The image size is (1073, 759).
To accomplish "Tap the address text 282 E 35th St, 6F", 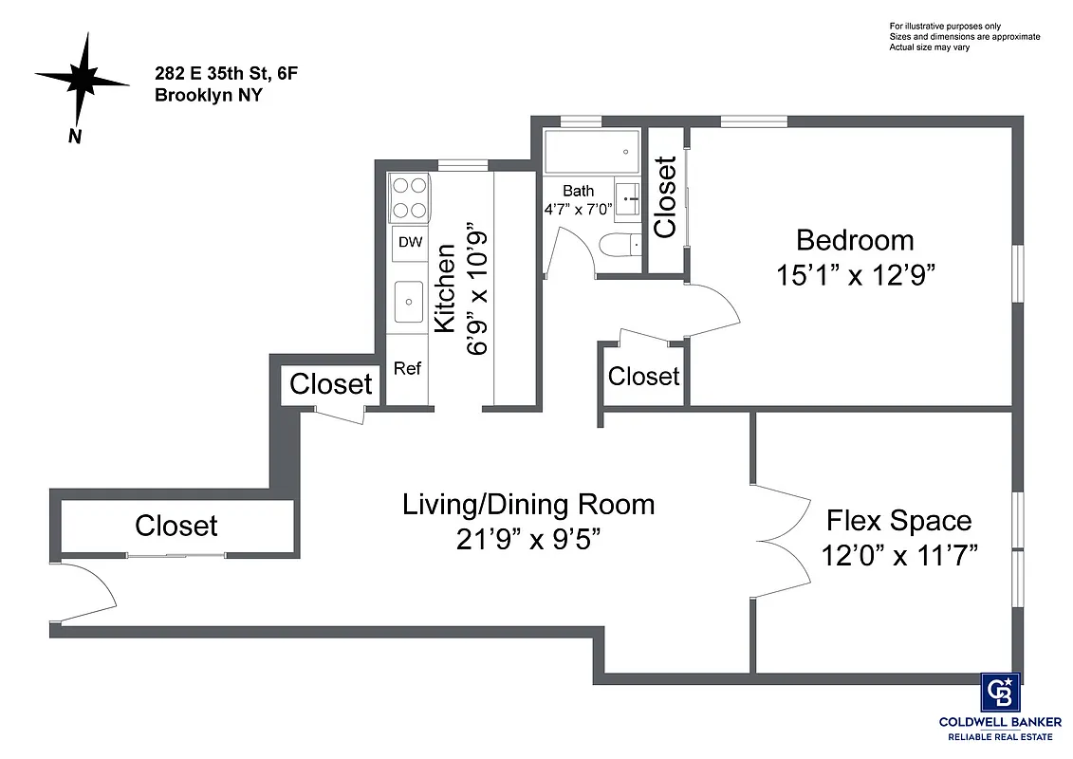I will coord(219,74).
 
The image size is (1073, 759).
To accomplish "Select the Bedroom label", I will coord(855,240).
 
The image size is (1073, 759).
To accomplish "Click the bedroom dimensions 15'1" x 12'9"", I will coord(856,275).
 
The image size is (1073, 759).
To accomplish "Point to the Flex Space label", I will coord(899,521).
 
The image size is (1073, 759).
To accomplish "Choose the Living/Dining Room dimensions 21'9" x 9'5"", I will coord(528,539).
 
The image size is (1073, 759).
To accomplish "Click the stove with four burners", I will coord(410,198).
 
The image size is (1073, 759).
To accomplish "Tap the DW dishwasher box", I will coord(410,243).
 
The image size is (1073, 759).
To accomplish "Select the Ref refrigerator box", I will coord(407,369).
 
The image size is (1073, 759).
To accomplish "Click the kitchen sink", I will coord(410,303).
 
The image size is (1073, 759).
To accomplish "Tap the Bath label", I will coord(578,191).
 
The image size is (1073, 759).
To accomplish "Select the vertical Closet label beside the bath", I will coord(665,197).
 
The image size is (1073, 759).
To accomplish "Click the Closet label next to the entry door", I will coord(176,526).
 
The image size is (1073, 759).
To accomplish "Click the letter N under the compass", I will coord(74,137).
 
